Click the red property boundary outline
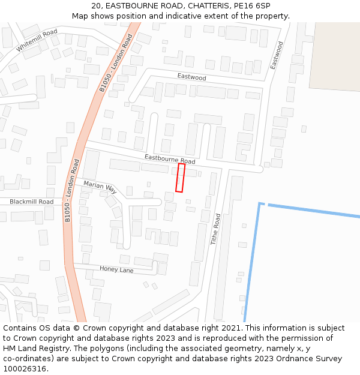point(180,178)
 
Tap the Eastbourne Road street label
point(170,159)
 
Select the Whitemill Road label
point(37,40)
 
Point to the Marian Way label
point(100,187)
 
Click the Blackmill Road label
point(31,202)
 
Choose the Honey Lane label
point(116,269)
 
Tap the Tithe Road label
point(215,229)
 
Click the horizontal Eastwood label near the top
point(191,77)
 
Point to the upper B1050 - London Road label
point(116,62)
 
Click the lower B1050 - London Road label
point(71,190)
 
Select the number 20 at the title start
point(97,5)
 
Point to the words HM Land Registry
point(35,348)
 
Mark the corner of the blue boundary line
point(260,204)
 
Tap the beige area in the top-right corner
point(336,54)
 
